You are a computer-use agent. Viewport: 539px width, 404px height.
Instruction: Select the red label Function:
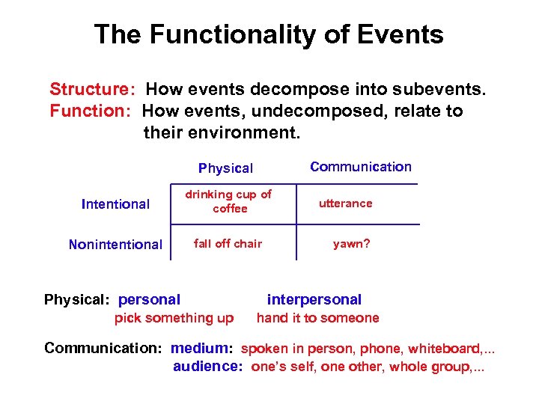tap(91, 111)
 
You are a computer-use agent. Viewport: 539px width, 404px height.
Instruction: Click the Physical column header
tap(225, 168)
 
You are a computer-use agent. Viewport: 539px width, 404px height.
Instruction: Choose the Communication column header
tap(360, 167)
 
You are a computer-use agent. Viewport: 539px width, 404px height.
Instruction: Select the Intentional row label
tap(115, 203)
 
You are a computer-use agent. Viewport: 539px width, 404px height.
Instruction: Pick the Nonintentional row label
tap(115, 244)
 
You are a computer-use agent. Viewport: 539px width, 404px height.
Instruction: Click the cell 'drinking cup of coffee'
tap(229, 201)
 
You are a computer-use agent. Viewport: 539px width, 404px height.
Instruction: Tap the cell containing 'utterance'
tap(345, 203)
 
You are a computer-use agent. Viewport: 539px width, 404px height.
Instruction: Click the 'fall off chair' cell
tap(228, 243)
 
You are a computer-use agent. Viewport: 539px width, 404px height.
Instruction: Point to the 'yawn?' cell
tap(351, 243)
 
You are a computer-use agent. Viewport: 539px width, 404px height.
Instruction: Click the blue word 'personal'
tap(149, 299)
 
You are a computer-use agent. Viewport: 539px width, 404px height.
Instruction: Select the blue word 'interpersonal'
tap(314, 299)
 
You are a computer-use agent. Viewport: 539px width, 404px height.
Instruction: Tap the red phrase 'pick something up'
tap(174, 318)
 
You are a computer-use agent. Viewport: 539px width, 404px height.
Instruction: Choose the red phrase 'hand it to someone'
tap(317, 318)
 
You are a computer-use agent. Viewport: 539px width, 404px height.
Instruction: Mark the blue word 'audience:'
tap(207, 367)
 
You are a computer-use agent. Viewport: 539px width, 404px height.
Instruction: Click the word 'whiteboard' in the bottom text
tap(440, 348)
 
